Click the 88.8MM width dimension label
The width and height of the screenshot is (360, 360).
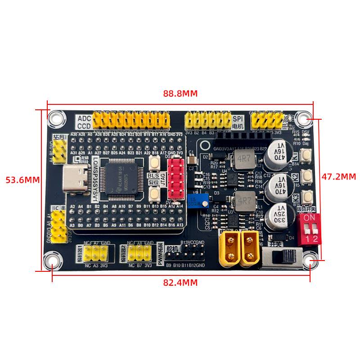(180, 94)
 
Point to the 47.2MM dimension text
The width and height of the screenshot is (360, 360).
(338, 176)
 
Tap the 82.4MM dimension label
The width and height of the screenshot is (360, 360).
(180, 283)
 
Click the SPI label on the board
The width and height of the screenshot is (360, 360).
(238, 119)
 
